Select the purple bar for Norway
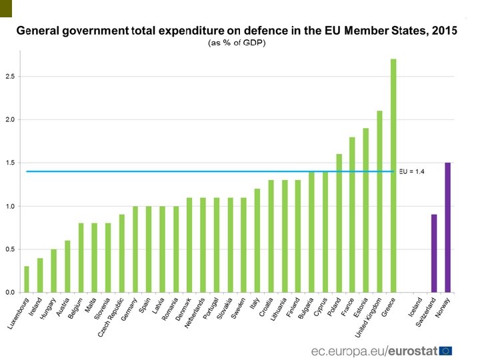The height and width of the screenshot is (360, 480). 448,227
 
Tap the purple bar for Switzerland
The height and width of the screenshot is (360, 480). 434,253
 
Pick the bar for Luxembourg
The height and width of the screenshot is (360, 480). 27,279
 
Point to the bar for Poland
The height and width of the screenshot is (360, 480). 339,223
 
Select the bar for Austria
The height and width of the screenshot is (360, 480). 67,266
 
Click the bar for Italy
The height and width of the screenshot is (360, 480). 257,240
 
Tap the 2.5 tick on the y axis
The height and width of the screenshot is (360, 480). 10,77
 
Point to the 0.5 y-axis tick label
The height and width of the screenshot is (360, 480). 10,249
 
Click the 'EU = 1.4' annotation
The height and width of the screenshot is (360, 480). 412,171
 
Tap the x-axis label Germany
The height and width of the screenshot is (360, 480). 131,309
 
